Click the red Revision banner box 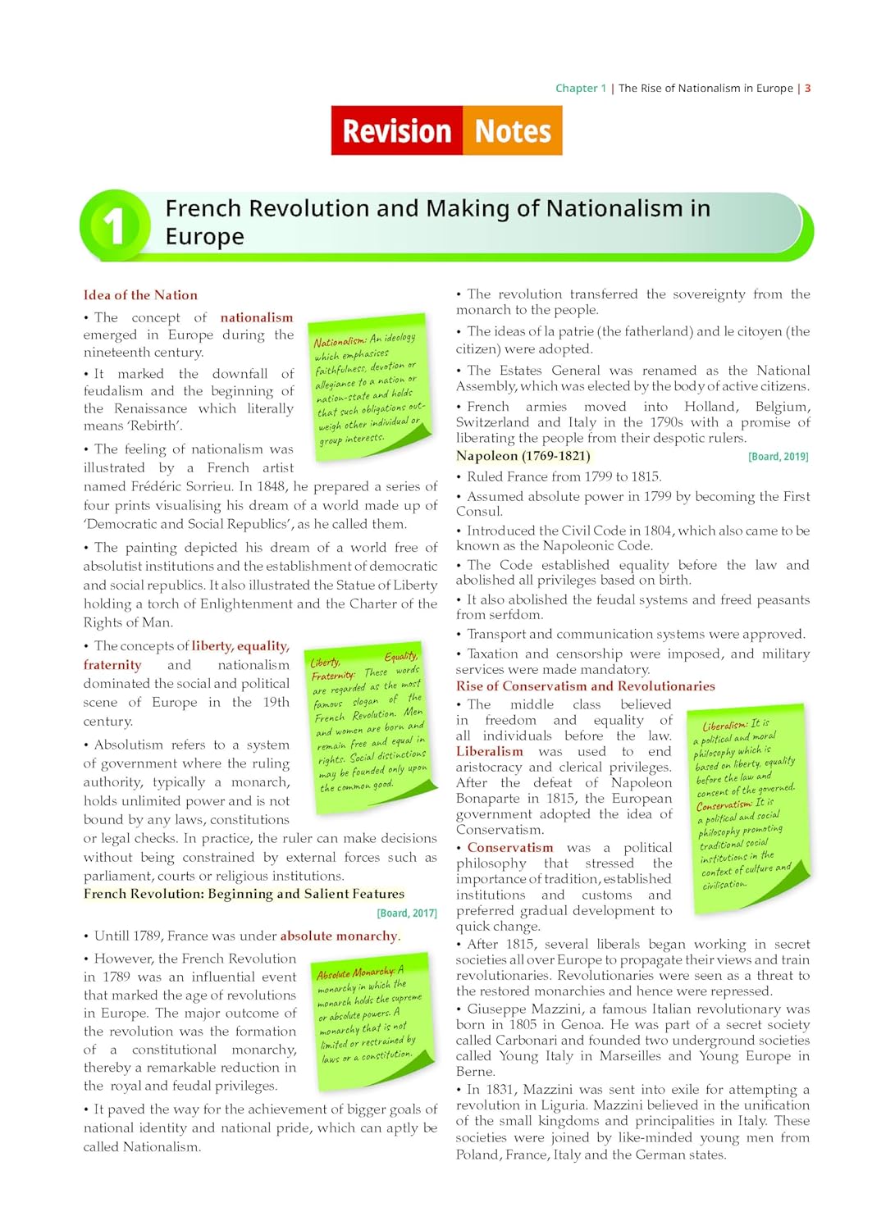[397, 130]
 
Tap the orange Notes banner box [513, 130]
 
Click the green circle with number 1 [114, 225]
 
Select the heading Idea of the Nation [140, 295]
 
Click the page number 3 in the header [807, 88]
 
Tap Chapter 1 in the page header [581, 88]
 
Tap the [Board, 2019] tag [778, 457]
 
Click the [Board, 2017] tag [407, 913]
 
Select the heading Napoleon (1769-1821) [523, 456]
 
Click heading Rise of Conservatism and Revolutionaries [585, 686]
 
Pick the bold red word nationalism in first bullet [256, 317]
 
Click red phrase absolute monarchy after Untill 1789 [339, 936]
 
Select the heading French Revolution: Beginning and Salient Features [244, 894]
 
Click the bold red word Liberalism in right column [489, 751]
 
